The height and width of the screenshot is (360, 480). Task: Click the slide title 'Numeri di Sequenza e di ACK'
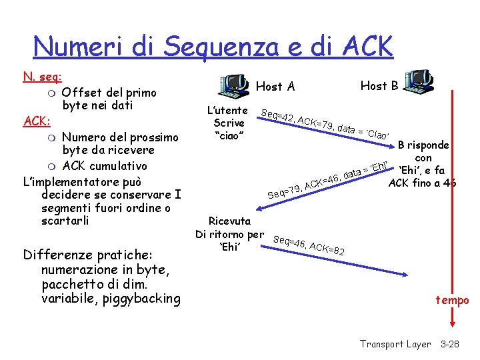(213, 46)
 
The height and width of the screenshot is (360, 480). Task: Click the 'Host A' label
(275, 86)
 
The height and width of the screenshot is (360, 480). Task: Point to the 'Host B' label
(379, 85)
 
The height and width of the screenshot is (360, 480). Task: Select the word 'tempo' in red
(453, 301)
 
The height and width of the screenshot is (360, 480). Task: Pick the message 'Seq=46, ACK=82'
(309, 247)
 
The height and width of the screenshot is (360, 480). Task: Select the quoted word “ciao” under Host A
(229, 136)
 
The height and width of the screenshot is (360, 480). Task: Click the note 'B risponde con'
(423, 151)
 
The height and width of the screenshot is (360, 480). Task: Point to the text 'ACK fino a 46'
(423, 183)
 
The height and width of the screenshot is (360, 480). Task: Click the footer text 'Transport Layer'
(395, 344)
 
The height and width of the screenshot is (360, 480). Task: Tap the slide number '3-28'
(454, 344)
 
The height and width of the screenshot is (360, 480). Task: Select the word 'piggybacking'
(141, 298)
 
